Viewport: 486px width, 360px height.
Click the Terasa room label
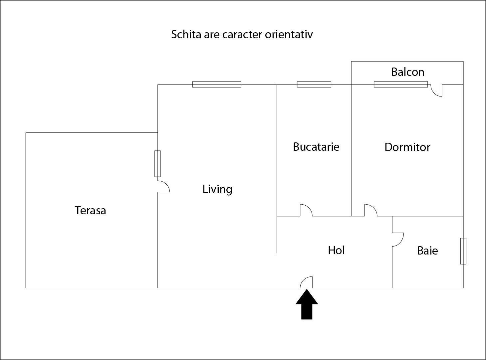(x=90, y=210)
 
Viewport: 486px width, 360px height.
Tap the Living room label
(x=217, y=189)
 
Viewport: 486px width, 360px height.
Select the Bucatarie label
(x=316, y=147)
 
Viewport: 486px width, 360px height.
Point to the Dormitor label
(x=407, y=147)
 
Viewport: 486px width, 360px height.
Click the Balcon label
(x=407, y=72)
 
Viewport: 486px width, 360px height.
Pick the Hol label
(x=336, y=250)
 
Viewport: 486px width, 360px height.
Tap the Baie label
(x=427, y=251)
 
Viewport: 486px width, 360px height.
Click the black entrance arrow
(x=307, y=304)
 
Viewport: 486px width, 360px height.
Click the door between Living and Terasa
(x=163, y=186)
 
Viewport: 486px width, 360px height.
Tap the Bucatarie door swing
(x=306, y=210)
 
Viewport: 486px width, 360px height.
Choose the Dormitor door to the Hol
(x=370, y=210)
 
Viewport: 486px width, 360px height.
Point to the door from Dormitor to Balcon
(x=436, y=90)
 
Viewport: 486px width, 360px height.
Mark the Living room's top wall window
(x=217, y=85)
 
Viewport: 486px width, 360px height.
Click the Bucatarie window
(x=314, y=85)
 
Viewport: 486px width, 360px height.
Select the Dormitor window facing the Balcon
(x=401, y=85)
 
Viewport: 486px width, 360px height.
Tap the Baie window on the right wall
(x=463, y=251)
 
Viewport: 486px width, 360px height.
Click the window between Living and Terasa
(x=157, y=164)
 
